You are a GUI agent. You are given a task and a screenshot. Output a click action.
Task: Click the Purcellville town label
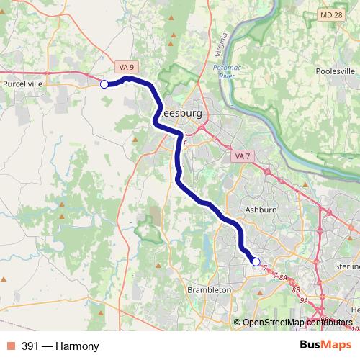22,84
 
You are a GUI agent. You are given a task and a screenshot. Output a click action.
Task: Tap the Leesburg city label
181,114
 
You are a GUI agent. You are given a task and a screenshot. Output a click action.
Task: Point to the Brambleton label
209,289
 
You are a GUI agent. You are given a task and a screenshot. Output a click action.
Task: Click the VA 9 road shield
127,67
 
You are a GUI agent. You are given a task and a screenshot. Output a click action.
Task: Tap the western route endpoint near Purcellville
104,84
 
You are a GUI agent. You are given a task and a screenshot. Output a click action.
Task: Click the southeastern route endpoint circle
256,261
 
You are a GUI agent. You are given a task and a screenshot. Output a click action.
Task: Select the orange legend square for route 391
11,346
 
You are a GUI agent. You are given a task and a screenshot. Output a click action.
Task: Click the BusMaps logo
325,346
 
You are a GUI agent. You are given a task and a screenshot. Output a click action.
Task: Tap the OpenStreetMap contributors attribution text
297,323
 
